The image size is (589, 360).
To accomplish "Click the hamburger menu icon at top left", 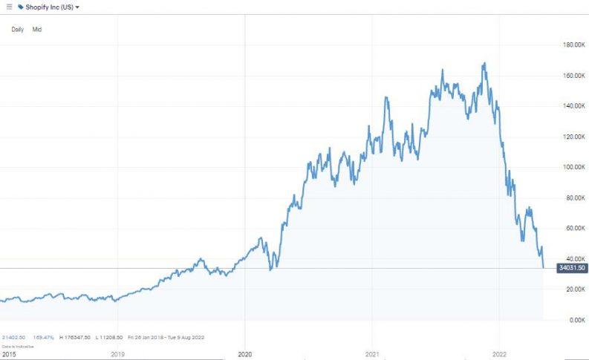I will coord(8,7).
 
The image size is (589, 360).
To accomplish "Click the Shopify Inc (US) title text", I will coord(49,7).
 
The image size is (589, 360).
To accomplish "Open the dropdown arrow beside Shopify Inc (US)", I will coord(78,7).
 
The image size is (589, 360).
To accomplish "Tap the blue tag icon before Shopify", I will coord(20,7).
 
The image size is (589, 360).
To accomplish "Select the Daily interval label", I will coord(17,29).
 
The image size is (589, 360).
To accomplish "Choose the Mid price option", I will coord(36,29).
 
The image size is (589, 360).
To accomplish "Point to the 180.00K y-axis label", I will coord(571,45).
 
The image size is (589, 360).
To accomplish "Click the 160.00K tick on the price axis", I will coord(571,76).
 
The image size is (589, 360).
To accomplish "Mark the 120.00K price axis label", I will coord(571,137).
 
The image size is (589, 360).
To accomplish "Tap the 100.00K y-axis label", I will coord(571,167).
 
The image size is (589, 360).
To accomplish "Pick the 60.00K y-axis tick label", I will coord(572,228).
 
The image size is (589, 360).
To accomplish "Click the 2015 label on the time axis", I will coord(8,354).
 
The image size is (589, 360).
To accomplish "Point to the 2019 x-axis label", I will coord(118,354).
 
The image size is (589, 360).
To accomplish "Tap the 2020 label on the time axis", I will coord(245,354).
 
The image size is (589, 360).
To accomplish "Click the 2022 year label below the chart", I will coord(499,354).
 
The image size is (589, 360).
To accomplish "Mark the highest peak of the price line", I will coord(484,64).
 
